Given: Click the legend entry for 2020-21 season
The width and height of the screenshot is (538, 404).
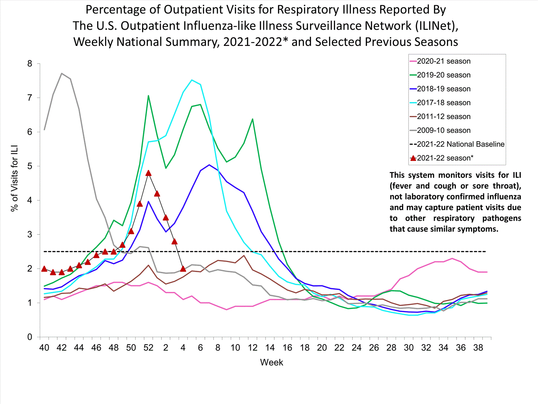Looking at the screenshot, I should pyautogui.click(x=443, y=61).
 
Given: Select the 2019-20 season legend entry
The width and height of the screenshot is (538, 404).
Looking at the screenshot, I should pyautogui.click(x=443, y=75).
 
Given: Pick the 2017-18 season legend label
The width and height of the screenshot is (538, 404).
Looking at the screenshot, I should pyautogui.click(x=443, y=103).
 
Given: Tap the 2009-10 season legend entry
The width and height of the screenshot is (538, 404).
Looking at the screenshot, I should pyautogui.click(x=443, y=130).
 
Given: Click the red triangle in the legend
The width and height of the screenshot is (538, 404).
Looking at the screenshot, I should pyautogui.click(x=413, y=158).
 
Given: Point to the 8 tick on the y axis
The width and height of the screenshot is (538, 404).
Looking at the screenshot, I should pyautogui.click(x=29, y=64).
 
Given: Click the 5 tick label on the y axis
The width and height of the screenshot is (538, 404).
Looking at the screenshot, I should pyautogui.click(x=29, y=166).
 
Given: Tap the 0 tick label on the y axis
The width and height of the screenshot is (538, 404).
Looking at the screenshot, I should pyautogui.click(x=29, y=337).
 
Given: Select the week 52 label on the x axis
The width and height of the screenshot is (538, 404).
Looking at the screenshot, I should pyautogui.click(x=148, y=348).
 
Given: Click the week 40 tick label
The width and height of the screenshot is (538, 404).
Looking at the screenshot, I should pyautogui.click(x=44, y=348).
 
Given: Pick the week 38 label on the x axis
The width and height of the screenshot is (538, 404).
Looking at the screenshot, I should pyautogui.click(x=478, y=348).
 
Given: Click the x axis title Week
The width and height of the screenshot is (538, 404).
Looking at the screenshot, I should pyautogui.click(x=272, y=362).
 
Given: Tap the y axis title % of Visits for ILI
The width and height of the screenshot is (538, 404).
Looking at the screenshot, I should pyautogui.click(x=14, y=178).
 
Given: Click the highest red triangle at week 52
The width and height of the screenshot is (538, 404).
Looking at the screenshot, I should pyautogui.click(x=148, y=173).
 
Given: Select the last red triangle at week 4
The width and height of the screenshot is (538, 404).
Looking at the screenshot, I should pyautogui.click(x=183, y=269).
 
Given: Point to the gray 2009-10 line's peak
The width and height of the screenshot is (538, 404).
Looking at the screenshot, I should pyautogui.click(x=62, y=73).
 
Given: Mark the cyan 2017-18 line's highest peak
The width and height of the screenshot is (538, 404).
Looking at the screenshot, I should pyautogui.click(x=192, y=80).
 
